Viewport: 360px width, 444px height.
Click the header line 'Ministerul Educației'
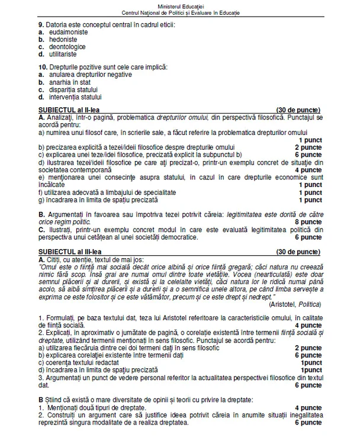pyautogui.click(x=180, y=5)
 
